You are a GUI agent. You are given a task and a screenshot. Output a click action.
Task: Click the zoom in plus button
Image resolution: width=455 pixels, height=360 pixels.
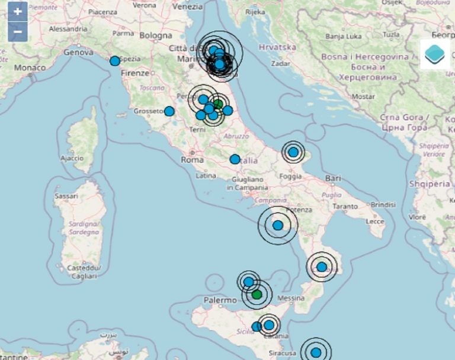tap(18, 12)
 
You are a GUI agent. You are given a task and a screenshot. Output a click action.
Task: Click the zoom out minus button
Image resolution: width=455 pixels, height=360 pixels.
tap(18, 31)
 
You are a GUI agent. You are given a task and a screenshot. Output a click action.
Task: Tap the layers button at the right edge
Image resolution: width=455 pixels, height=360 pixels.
tap(437, 54)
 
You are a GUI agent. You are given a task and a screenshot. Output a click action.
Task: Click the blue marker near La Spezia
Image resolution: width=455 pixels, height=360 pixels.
tap(115, 60)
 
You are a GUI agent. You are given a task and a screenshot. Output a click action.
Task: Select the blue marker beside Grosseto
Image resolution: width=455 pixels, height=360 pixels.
tap(169, 111)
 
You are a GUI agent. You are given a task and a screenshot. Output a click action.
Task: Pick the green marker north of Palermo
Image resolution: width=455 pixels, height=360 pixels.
tap(257, 294)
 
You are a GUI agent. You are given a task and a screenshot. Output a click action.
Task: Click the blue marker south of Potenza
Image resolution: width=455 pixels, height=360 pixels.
tap(277, 225)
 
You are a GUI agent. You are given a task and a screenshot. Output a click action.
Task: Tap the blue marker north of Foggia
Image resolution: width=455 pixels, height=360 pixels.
tap(293, 152)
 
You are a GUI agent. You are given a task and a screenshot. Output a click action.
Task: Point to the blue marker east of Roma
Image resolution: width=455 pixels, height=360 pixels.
tap(235, 159)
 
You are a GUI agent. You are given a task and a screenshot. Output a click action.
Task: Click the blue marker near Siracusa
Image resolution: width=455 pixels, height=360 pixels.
tap(316, 353)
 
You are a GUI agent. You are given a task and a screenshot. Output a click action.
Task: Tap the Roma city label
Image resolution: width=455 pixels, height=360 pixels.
tap(192, 160)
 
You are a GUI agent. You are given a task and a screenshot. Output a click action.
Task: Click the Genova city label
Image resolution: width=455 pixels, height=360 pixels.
tap(78, 52)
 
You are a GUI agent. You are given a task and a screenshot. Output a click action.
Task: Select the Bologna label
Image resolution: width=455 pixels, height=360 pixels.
tap(156, 36)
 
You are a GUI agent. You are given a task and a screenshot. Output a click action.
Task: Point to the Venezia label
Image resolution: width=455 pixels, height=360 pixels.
tap(188, 7)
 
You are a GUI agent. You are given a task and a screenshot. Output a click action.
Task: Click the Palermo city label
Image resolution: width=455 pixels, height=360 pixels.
tap(220, 301)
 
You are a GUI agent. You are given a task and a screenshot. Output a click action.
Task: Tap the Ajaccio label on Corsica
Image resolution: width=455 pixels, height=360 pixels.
tap(72, 159)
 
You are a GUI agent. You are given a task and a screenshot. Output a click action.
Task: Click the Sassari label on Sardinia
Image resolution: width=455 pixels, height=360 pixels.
tap(66, 195)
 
